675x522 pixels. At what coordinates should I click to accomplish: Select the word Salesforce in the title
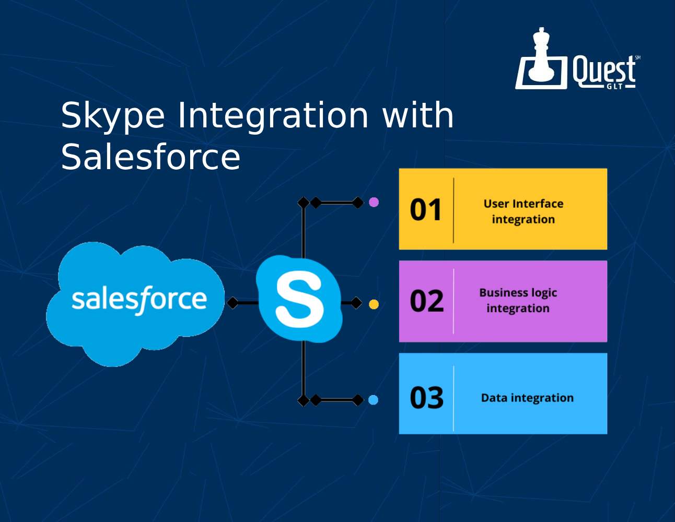150,157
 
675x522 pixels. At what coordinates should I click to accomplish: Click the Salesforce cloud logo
135,304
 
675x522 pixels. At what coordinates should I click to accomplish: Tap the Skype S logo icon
299,299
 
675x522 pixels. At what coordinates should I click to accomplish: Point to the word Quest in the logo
603,71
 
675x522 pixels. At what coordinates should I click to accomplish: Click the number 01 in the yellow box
426,210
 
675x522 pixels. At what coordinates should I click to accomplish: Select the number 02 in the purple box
426,301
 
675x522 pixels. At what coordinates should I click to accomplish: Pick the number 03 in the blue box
426,398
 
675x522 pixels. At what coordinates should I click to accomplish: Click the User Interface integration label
523,211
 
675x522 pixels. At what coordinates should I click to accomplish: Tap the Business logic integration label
518,301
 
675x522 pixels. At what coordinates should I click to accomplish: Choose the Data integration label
527,398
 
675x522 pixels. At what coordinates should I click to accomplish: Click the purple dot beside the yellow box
374,203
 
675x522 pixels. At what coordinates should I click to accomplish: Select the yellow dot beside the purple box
374,304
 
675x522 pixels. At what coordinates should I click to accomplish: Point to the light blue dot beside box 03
373,400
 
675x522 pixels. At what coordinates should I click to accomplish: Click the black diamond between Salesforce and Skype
232,303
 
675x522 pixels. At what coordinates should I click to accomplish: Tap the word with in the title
418,115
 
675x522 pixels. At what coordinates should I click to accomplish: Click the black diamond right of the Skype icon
356,303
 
